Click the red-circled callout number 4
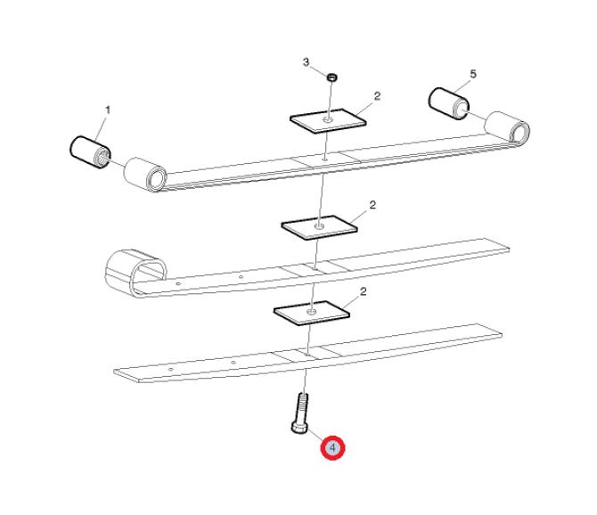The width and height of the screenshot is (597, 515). coord(332,447)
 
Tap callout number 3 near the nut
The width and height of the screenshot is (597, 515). coord(307,62)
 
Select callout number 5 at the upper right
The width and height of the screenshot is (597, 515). coord(473,74)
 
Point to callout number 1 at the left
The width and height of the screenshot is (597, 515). coord(108,110)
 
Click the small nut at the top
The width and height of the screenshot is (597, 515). coord(332,78)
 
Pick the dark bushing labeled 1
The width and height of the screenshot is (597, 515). coord(91,151)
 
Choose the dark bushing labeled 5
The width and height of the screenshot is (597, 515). coord(449,103)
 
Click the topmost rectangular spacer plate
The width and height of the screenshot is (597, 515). coord(328,121)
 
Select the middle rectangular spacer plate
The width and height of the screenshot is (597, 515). coord(319,227)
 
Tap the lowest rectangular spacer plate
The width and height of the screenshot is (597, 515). coord(312,313)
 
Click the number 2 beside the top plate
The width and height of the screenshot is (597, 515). coord(377,96)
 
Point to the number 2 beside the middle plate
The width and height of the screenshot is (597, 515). coord(372,205)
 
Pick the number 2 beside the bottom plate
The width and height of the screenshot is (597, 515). coord(364,292)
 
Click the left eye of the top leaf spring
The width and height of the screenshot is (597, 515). coord(145,176)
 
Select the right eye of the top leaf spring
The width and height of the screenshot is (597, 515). coord(508,128)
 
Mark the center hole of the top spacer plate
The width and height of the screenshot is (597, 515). coord(328,120)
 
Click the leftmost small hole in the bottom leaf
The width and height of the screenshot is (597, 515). coord(171,369)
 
